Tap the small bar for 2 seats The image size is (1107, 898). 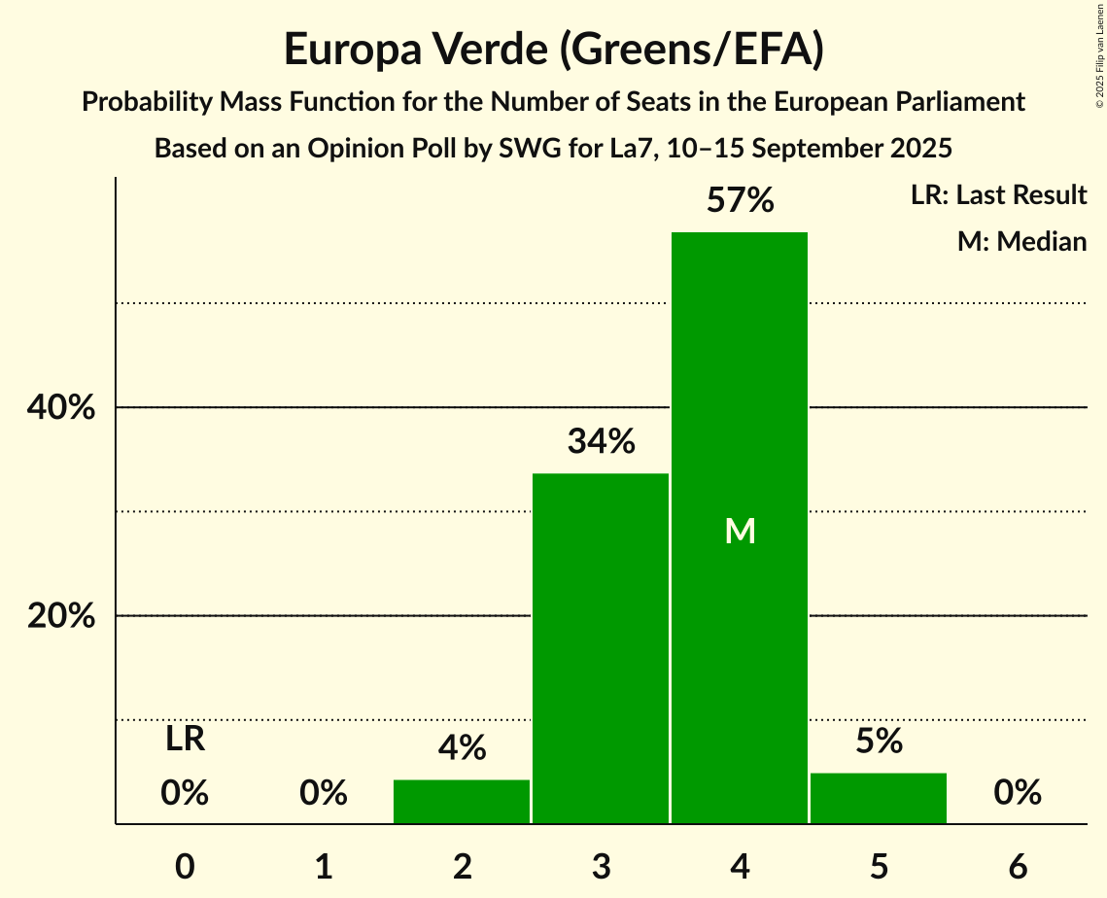tap(462, 802)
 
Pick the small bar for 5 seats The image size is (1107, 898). tap(879, 798)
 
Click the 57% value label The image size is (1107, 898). tap(740, 201)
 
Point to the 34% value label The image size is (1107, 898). tap(601, 442)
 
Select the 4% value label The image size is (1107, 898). tap(462, 748)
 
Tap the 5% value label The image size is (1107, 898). tap(879, 743)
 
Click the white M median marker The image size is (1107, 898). tap(740, 531)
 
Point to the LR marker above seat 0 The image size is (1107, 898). tap(185, 740)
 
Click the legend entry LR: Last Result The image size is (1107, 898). tap(998, 195)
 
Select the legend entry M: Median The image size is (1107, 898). tap(1021, 241)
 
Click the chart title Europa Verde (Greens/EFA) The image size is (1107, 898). tap(554, 50)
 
